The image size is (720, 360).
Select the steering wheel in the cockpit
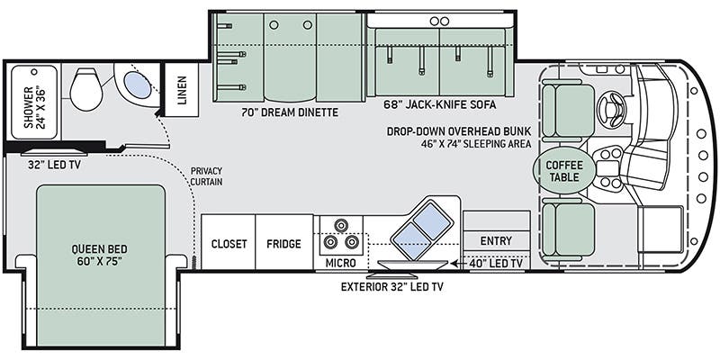tap(611, 110)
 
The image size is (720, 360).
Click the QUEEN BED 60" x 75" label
tap(99, 254)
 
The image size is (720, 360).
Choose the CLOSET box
tap(229, 244)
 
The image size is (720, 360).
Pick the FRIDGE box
tap(283, 244)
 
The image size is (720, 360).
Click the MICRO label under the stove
tap(340, 263)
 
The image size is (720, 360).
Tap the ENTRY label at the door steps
tap(495, 240)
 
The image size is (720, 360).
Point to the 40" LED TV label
tap(495, 264)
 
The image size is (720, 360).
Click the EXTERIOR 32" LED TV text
tap(392, 288)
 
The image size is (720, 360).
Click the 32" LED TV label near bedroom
tap(49, 163)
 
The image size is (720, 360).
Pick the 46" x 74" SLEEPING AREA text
tap(466, 143)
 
